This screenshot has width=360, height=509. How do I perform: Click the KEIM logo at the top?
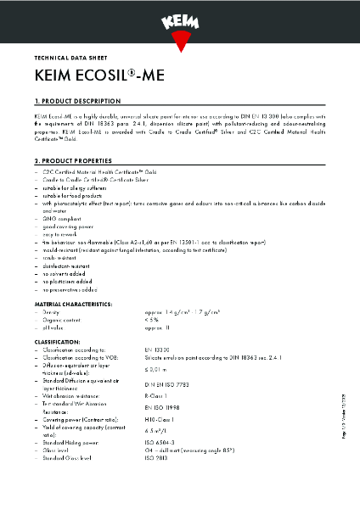coord(179,19)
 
